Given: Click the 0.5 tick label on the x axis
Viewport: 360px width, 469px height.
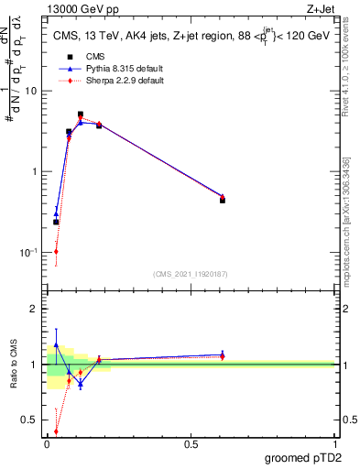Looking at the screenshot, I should tap(191, 443).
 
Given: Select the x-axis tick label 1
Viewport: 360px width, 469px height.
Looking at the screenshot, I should tap(334, 443).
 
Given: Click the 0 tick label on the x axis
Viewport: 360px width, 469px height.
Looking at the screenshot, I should tap(48, 443).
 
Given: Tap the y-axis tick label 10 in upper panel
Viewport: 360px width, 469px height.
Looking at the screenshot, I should tap(32, 91).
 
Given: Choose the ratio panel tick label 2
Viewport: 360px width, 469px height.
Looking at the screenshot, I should tap(37, 309).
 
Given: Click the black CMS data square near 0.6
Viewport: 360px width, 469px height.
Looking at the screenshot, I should tap(223, 199).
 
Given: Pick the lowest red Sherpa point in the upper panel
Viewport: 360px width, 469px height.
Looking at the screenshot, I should tap(56, 251).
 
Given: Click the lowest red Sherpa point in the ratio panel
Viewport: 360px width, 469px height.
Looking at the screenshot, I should tap(56, 431).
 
